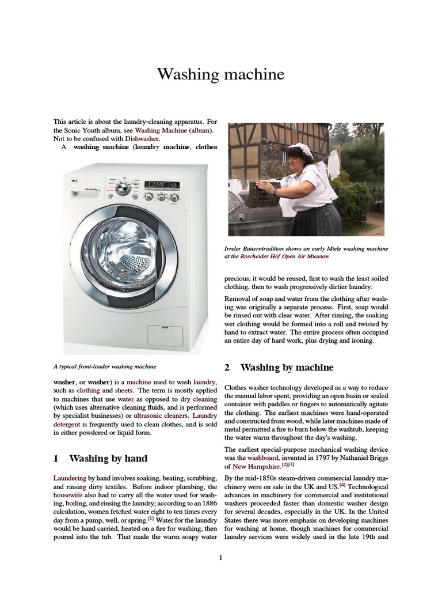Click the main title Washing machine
[x=221, y=75]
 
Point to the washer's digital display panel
[x=162, y=185]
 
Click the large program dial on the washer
[x=122, y=189]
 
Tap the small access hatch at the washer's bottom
[x=167, y=336]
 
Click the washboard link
[x=264, y=457]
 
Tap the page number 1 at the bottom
[x=220, y=557]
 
